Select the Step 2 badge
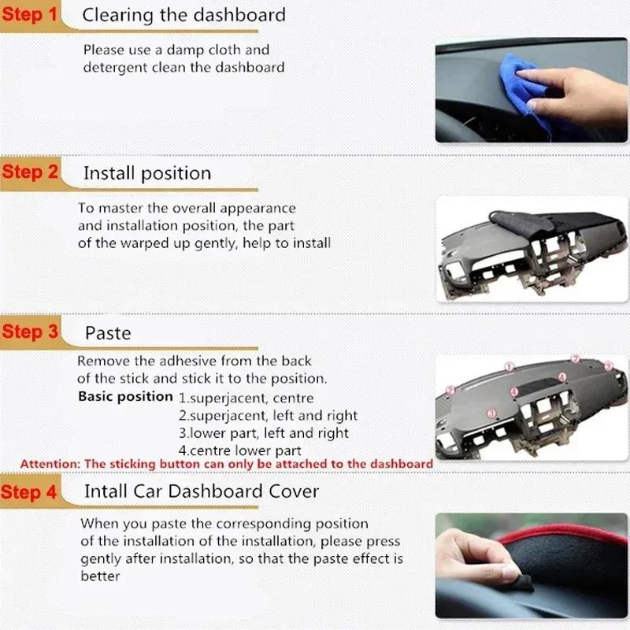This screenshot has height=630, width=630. click(30, 172)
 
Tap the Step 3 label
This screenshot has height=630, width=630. click(30, 332)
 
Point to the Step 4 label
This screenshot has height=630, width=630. click(30, 492)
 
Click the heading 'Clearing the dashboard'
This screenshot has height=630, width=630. click(183, 15)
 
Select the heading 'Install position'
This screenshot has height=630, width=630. click(147, 173)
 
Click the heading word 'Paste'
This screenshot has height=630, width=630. click(108, 333)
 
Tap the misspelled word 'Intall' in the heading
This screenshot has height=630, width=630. click(109, 491)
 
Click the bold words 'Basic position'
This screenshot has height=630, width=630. click(125, 396)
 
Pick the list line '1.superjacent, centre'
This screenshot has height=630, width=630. click(246, 398)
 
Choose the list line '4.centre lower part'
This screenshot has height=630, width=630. click(239, 451)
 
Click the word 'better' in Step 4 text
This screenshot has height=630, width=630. click(100, 576)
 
